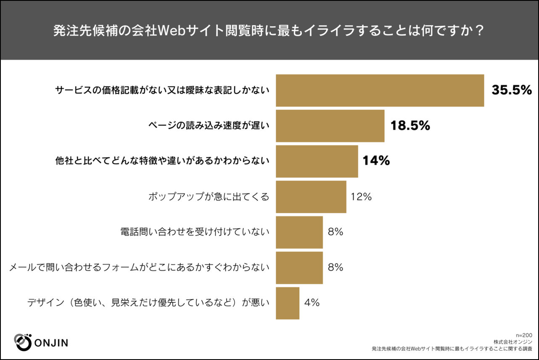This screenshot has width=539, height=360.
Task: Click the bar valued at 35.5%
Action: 380,90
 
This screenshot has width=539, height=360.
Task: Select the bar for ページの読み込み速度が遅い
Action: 330,126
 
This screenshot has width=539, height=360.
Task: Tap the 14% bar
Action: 317,161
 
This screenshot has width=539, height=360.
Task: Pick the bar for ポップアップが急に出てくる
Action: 311,197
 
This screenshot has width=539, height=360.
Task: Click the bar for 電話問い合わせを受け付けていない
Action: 299,232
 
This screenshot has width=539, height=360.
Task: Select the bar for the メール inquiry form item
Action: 299,268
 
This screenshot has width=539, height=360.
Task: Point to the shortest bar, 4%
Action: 288,303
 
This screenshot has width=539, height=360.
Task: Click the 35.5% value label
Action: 512,90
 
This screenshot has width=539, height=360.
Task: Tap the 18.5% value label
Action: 410,125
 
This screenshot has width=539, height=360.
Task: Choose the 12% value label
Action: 361,197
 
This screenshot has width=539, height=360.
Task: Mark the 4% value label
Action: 312,302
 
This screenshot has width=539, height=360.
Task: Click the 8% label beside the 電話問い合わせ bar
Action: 336,232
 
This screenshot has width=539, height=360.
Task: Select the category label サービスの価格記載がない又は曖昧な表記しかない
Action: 162,90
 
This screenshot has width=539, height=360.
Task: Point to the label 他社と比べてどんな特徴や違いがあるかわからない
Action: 162,161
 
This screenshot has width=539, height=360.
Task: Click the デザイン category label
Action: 148,303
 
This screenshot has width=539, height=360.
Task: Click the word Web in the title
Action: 172,31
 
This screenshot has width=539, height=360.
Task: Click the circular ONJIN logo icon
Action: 23,342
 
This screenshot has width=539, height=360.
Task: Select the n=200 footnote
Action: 524,335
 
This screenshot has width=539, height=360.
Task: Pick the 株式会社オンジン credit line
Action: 513,342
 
